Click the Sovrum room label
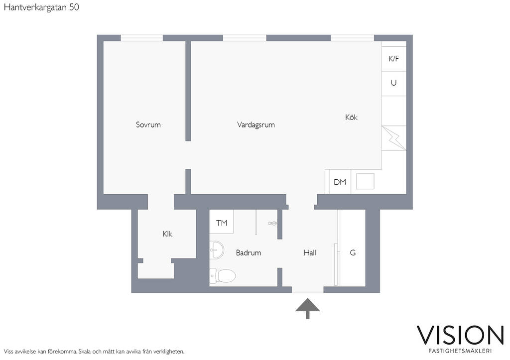pos(148,124)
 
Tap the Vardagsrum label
pos(255,124)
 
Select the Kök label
pos(351,117)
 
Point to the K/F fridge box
pos(394,59)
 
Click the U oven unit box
pos(394,84)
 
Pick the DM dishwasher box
pos(340,182)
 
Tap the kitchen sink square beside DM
pos(365,181)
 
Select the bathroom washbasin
pos(216,250)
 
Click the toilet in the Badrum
pos(222,276)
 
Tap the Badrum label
pos(249,252)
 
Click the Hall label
pos(310,252)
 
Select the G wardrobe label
pos(353,252)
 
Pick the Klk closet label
pos(167,234)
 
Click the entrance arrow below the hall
pos(307,308)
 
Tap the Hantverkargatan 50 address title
pos(41,7)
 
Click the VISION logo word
pos(460,335)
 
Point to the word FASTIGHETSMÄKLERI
pos(460,351)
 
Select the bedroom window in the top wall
pos(142,38)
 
